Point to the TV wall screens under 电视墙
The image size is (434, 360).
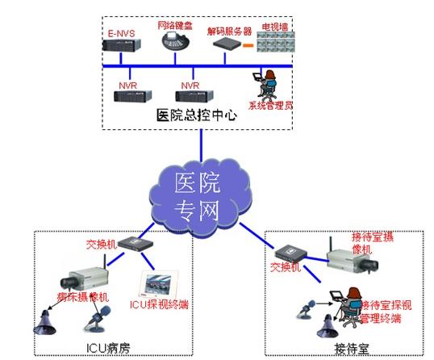[x=279, y=44]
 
